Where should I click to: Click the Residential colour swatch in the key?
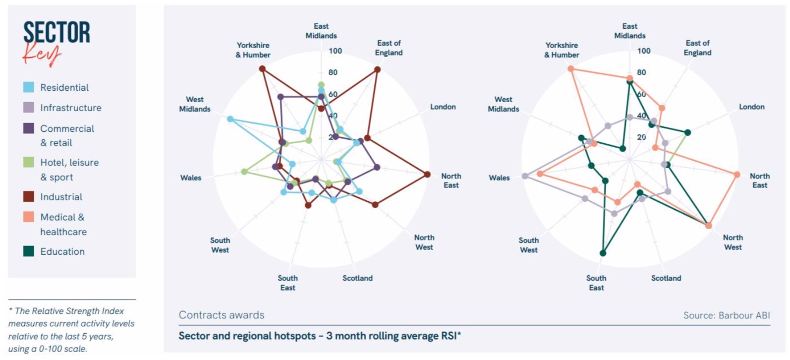29,87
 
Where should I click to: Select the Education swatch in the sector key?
29,251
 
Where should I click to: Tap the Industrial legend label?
61,197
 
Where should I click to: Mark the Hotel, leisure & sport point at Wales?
243,172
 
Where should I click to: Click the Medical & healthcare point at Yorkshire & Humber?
571,69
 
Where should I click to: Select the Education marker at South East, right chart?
603,253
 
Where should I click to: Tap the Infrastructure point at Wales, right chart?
525,176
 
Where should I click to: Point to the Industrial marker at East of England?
378,70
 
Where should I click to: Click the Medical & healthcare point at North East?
737,175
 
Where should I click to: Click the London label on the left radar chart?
443,107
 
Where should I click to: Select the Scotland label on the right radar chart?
666,278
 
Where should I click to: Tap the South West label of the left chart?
220,245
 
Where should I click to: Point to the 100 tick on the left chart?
335,51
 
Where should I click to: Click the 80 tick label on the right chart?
641,72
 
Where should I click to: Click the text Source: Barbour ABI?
726,315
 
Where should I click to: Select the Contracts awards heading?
222,315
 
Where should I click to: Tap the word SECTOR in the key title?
57,33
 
